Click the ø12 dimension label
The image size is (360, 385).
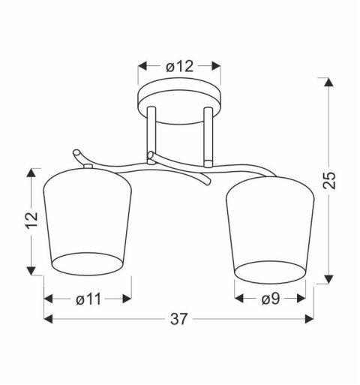179,67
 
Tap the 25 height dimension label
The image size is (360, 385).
328,180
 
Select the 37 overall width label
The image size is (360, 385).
178,319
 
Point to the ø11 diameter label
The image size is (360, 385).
88,299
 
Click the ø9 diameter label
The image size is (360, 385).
271,299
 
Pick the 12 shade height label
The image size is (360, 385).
32,220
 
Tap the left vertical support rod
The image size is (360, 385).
151,135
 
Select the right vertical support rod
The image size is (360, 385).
208,137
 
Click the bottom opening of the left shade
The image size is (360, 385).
88,264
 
